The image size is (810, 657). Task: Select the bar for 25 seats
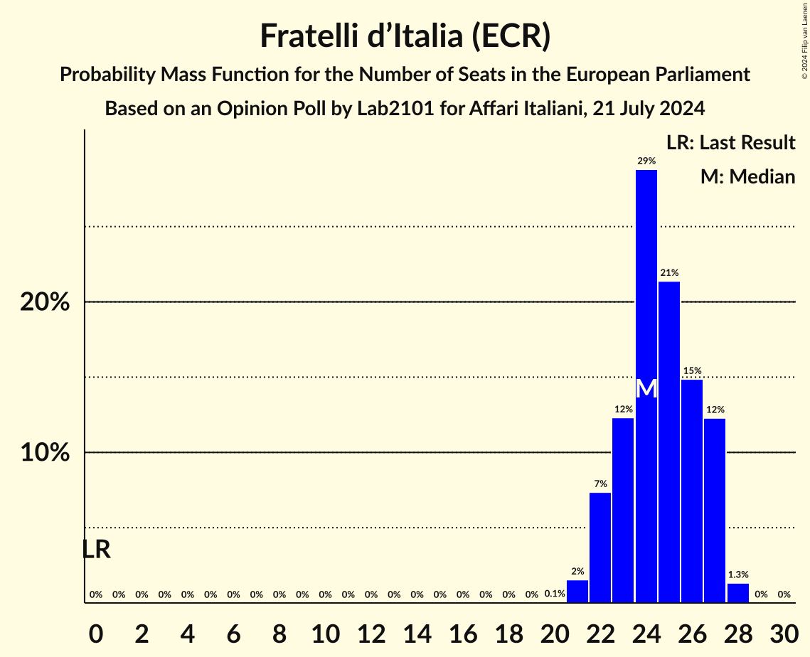pyautogui.click(x=669, y=442)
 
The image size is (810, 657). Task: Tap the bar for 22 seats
pyautogui.click(x=600, y=547)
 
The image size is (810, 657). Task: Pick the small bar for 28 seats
pyautogui.click(x=738, y=593)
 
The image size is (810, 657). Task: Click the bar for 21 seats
pyautogui.click(x=577, y=592)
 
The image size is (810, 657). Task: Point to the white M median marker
pyautogui.click(x=646, y=389)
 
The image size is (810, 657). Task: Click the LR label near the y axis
pyautogui.click(x=96, y=550)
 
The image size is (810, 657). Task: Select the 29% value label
pyautogui.click(x=646, y=161)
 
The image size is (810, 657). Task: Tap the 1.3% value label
pyautogui.click(x=738, y=575)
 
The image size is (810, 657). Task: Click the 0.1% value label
pyautogui.click(x=555, y=594)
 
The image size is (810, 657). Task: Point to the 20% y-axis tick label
pyautogui.click(x=45, y=302)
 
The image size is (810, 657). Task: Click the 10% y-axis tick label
pyautogui.click(x=45, y=453)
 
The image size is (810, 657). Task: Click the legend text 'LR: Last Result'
pyautogui.click(x=730, y=143)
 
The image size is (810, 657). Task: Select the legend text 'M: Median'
pyautogui.click(x=747, y=177)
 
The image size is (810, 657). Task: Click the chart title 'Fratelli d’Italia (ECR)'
pyautogui.click(x=405, y=36)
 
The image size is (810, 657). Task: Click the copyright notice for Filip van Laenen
pyautogui.click(x=804, y=38)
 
